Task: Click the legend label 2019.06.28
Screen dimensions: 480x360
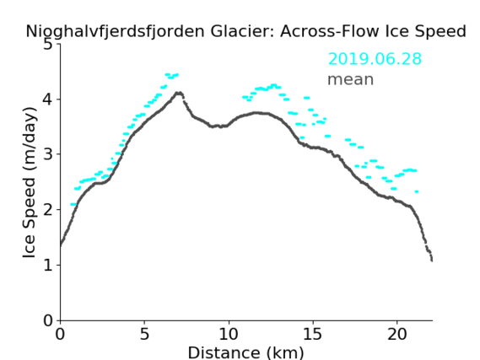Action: pos(375,59)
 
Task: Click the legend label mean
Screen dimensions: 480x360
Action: pos(351,79)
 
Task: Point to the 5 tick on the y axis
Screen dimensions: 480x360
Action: pos(58,44)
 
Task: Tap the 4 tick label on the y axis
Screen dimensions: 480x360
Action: pos(48,99)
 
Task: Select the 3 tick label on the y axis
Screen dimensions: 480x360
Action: pos(48,154)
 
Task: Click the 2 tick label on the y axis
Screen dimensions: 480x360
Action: pos(48,210)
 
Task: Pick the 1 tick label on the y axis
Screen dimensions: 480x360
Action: pos(48,266)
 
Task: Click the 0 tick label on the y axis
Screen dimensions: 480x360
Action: pos(48,320)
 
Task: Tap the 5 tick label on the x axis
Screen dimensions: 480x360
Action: pos(144,334)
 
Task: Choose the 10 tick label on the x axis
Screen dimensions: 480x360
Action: pos(229,334)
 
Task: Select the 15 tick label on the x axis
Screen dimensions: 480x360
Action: pos(313,334)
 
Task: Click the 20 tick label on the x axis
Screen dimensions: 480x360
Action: pos(397,334)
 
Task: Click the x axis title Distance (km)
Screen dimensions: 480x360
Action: pos(245,352)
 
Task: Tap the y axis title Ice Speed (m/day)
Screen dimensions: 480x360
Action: pos(30,182)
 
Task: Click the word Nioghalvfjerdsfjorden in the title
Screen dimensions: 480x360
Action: pos(115,31)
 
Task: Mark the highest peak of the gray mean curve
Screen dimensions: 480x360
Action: pos(179,93)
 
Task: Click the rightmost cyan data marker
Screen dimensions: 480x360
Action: pos(417,191)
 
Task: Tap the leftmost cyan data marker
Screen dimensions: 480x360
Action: pos(73,204)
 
